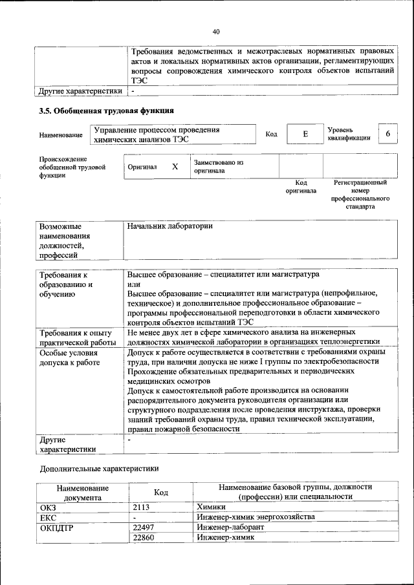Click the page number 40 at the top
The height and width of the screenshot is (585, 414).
[x=216, y=32]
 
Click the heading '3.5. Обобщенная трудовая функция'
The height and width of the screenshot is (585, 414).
[x=107, y=111]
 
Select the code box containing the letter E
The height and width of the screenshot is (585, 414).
[x=305, y=134]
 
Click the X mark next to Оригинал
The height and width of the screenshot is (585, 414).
[x=175, y=166]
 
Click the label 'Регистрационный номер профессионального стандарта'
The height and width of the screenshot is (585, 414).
[x=360, y=195]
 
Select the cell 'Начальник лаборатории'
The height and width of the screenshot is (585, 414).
[x=170, y=227]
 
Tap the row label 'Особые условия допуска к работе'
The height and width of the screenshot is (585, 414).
[x=69, y=358]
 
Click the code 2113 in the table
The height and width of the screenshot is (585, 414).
[x=141, y=507]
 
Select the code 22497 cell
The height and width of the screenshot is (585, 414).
[x=143, y=527]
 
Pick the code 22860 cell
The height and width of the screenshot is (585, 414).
[x=143, y=537]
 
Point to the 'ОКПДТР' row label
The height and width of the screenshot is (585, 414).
[x=58, y=527]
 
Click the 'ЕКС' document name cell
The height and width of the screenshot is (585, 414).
[x=49, y=518]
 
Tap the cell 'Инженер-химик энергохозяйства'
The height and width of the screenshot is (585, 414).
[x=256, y=518]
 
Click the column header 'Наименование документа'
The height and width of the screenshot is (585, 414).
[x=82, y=493]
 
